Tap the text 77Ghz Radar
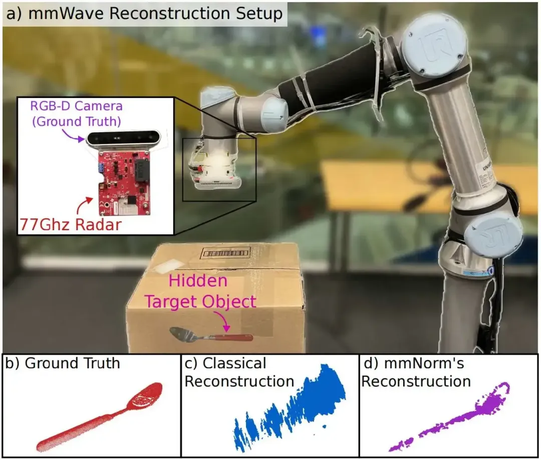point(71,224)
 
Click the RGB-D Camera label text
point(76,106)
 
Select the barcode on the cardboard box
point(225,253)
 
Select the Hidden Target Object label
point(200,291)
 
